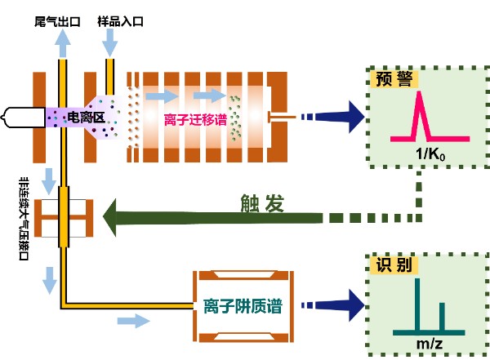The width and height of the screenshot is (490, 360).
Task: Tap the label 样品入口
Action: click(x=120, y=19)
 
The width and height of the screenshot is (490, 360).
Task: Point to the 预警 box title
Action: click(x=393, y=80)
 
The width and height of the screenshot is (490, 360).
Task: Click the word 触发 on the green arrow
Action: click(x=262, y=205)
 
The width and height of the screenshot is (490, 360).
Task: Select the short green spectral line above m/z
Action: click(x=443, y=318)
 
